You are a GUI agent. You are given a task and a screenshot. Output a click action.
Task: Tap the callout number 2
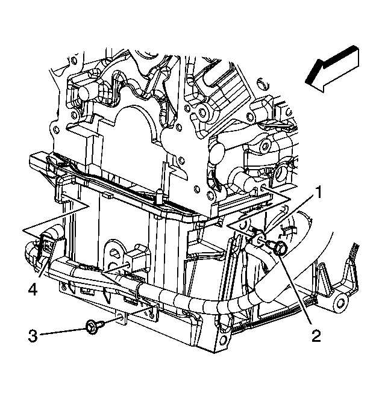pos(316,336)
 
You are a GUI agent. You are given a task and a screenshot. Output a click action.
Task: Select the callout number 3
pos(33,336)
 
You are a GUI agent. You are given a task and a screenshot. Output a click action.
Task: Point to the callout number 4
pos(33,290)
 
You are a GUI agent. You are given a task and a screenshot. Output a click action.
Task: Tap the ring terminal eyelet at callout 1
pos(259,239)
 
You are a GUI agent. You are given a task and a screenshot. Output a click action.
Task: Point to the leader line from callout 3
pos(63,332)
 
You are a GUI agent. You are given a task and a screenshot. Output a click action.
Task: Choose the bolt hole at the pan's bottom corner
pos(222,339)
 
